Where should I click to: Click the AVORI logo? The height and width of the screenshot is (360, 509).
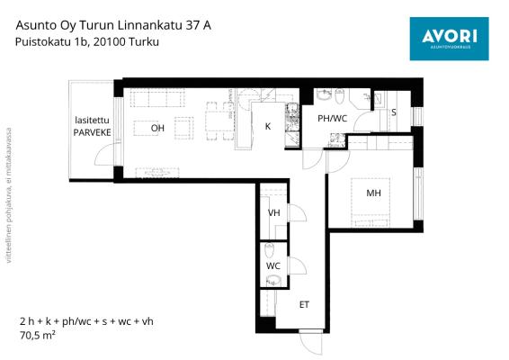coord(449,39)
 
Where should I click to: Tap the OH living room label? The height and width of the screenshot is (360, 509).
coord(157,128)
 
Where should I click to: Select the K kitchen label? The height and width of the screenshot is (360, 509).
coord(267,126)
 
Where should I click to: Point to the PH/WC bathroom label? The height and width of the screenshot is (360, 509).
coord(332,119)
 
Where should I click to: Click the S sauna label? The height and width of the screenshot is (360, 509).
coord(394,112)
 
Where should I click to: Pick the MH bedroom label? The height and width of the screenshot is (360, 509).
coord(373,193)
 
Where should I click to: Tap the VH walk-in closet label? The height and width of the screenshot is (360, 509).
coord(273,212)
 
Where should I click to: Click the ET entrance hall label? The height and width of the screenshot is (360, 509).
coord(304,304)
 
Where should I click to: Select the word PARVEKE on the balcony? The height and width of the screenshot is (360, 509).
coord(93,132)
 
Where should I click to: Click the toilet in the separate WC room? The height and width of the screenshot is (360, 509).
coord(270,250)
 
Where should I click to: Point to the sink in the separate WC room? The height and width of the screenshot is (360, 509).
coord(273,281)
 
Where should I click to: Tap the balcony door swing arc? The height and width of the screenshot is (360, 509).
coord(105,153)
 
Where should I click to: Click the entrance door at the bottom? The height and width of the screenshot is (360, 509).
coord(310,342)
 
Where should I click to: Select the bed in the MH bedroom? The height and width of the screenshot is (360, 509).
coord(371,202)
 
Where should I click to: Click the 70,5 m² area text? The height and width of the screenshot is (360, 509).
coord(38,335)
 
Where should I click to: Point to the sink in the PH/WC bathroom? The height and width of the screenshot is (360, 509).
coord(323,95)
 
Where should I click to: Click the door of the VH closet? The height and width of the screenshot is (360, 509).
coord(298,212)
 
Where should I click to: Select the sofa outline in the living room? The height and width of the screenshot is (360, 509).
coord(157,98)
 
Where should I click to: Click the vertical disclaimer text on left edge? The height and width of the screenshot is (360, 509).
coord(9,195)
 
